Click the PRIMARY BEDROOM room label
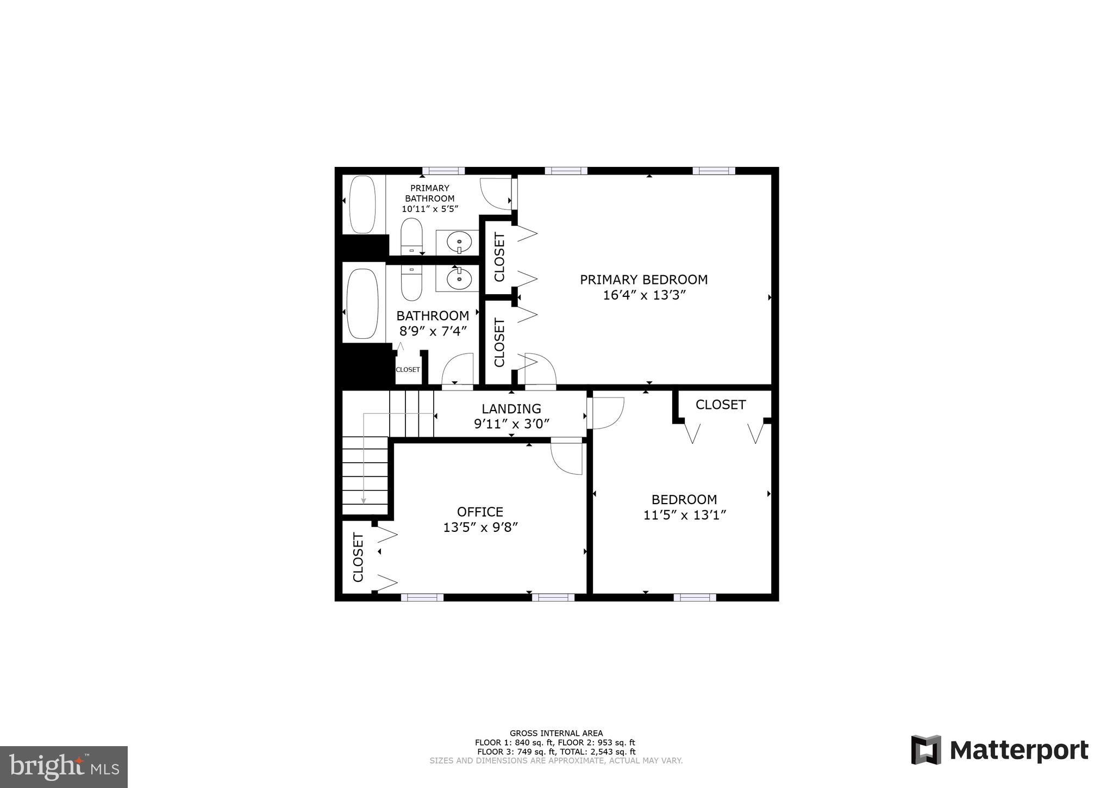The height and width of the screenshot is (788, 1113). [643, 280]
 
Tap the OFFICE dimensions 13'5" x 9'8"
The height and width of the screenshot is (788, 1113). [480, 527]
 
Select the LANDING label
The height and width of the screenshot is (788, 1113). [511, 408]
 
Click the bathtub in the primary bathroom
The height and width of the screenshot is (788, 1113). [362, 204]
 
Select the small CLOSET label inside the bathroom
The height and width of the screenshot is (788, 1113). [408, 370]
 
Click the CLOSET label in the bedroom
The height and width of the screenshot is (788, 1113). [720, 405]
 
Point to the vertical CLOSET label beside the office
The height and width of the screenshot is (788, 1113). [358, 557]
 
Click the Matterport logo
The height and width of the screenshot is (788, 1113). [999, 750]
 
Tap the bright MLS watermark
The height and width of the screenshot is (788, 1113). [64, 767]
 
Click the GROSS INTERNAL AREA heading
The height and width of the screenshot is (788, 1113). [556, 733]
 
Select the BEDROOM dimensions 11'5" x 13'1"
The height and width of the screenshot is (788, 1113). [684, 515]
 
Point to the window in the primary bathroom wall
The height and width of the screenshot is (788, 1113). [443, 171]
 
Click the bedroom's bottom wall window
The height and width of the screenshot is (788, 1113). [695, 597]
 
